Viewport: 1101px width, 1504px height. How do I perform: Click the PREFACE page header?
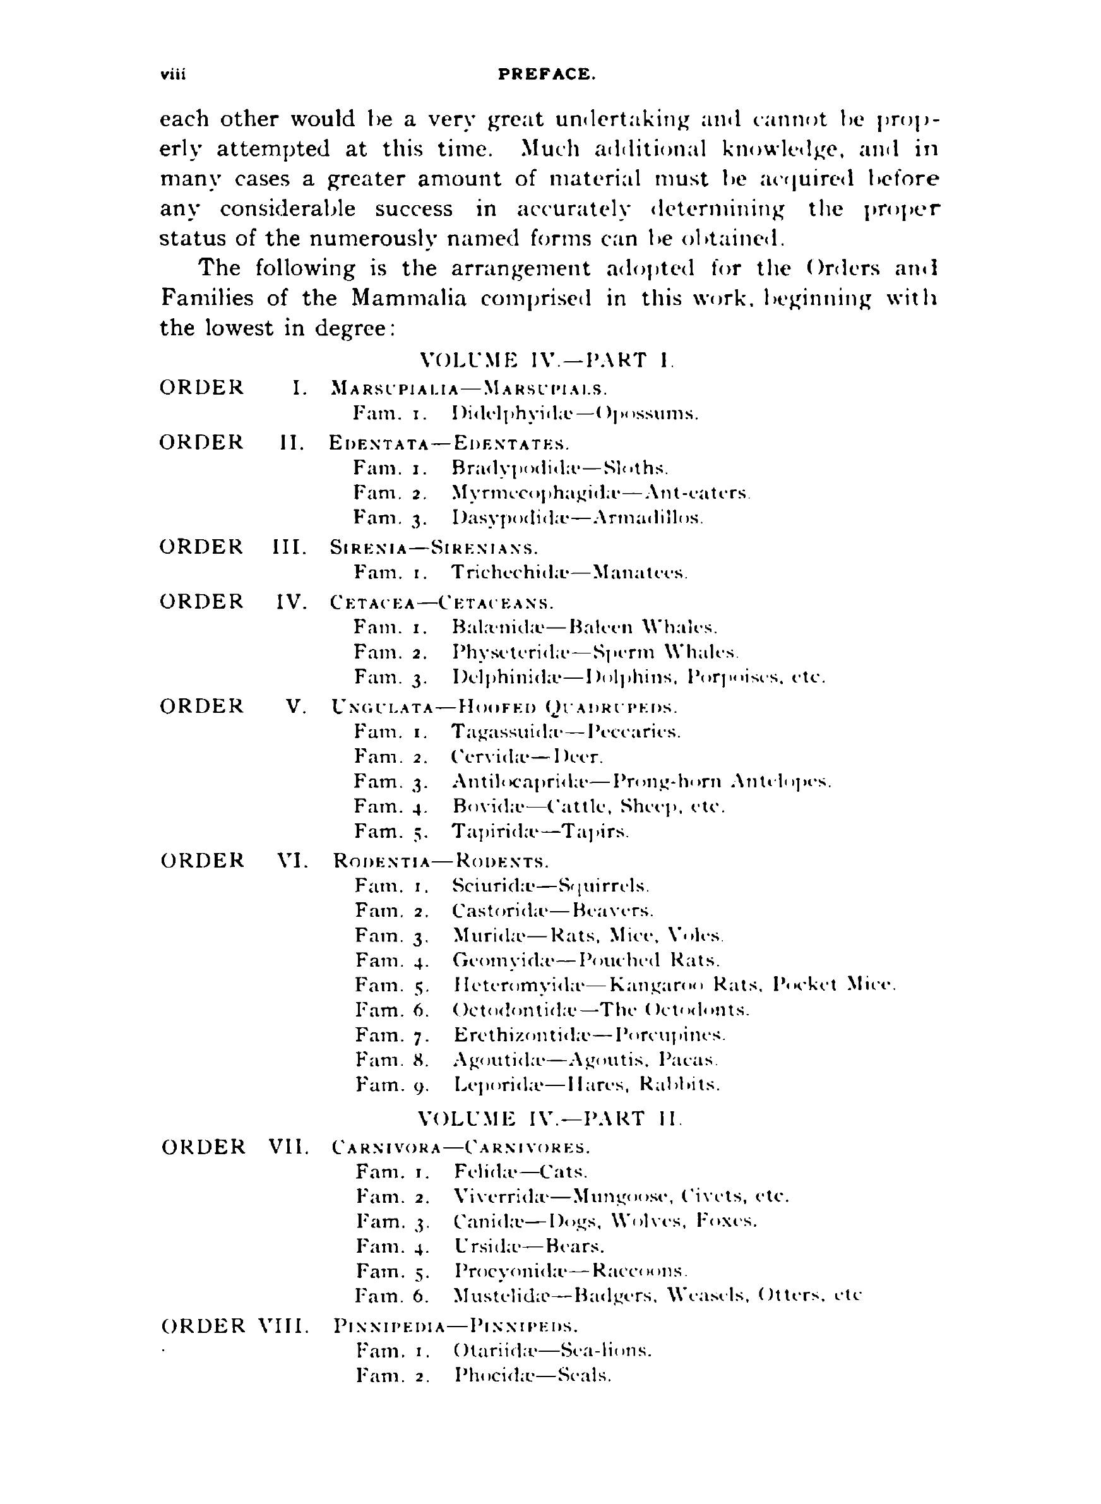click(547, 74)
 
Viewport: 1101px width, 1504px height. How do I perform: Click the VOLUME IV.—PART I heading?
click(547, 361)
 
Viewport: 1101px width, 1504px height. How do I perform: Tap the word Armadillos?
click(644, 518)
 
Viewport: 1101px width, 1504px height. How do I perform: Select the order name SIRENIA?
click(369, 549)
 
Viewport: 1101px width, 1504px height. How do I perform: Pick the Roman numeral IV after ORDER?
click(291, 602)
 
